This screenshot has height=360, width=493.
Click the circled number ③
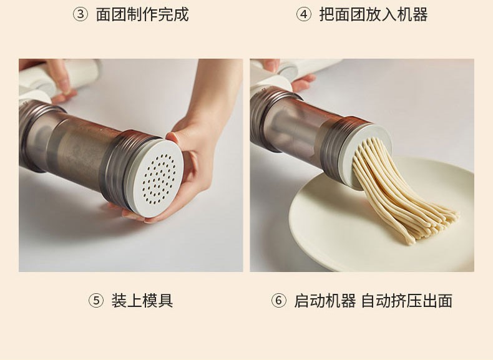click(81, 14)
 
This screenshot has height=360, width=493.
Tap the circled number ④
click(304, 14)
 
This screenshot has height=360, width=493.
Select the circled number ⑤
click(96, 301)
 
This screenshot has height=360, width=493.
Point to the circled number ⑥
click(278, 301)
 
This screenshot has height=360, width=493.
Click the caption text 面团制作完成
click(142, 14)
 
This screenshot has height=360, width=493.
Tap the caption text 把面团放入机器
click(374, 14)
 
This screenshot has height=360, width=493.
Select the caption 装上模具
click(142, 301)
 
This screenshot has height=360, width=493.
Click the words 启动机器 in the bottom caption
click(325, 301)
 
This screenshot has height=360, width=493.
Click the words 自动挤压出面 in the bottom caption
click(407, 301)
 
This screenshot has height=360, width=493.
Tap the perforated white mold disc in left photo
click(157, 178)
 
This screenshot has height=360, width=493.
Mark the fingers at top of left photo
click(60, 80)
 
